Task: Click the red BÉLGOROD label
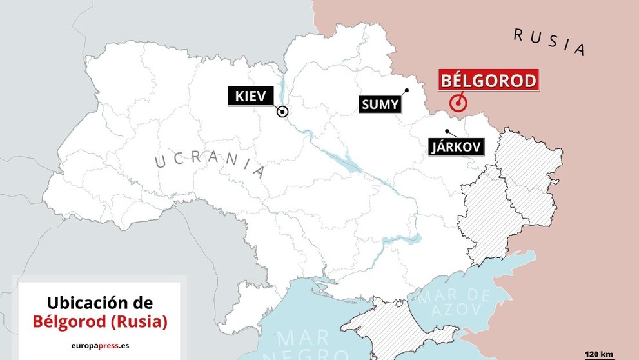tap(488, 81)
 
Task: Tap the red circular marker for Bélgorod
tap(458, 103)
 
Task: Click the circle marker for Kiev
tap(282, 112)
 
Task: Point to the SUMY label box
tap(380, 105)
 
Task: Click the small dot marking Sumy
tap(407, 90)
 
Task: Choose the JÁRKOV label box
tap(456, 147)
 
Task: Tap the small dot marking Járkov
tap(447, 132)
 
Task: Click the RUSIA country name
tap(549, 42)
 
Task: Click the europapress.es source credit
tap(100, 345)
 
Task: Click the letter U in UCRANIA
tap(161, 162)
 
